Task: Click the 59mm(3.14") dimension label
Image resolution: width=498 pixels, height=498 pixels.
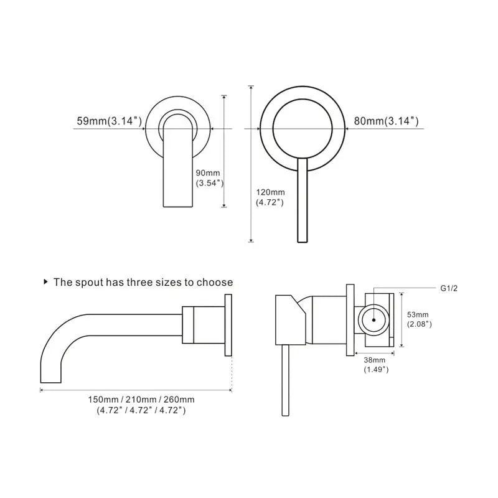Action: pyautogui.click(x=109, y=121)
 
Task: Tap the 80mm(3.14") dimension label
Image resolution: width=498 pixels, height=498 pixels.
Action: pyautogui.click(x=386, y=121)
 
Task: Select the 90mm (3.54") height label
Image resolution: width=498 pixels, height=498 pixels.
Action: pyautogui.click(x=209, y=178)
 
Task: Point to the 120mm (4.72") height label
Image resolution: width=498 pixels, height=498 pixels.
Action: pyautogui.click(x=270, y=197)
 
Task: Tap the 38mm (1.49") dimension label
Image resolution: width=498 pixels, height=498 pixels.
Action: pyautogui.click(x=376, y=365)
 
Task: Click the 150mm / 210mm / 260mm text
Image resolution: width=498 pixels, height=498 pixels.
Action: pyautogui.click(x=141, y=399)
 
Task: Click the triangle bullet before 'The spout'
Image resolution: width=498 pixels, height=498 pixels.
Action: pyautogui.click(x=45, y=282)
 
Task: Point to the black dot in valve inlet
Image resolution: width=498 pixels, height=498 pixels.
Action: pyautogui.click(x=372, y=319)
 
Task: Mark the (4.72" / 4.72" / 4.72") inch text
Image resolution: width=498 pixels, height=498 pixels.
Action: pyautogui.click(x=141, y=410)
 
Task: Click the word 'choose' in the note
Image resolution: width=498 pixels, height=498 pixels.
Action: pyautogui.click(x=215, y=282)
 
